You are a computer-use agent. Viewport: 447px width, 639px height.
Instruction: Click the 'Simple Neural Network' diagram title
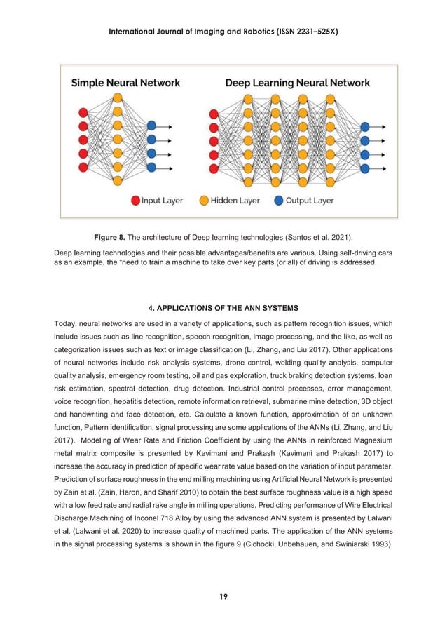click(x=125, y=83)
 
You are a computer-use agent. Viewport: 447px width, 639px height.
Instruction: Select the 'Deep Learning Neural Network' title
click(x=297, y=83)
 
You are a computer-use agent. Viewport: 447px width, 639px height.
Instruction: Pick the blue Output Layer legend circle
click(x=279, y=201)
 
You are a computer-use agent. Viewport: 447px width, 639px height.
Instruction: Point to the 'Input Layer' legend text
click(x=163, y=201)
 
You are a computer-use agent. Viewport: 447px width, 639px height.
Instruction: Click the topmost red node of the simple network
click(x=84, y=113)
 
